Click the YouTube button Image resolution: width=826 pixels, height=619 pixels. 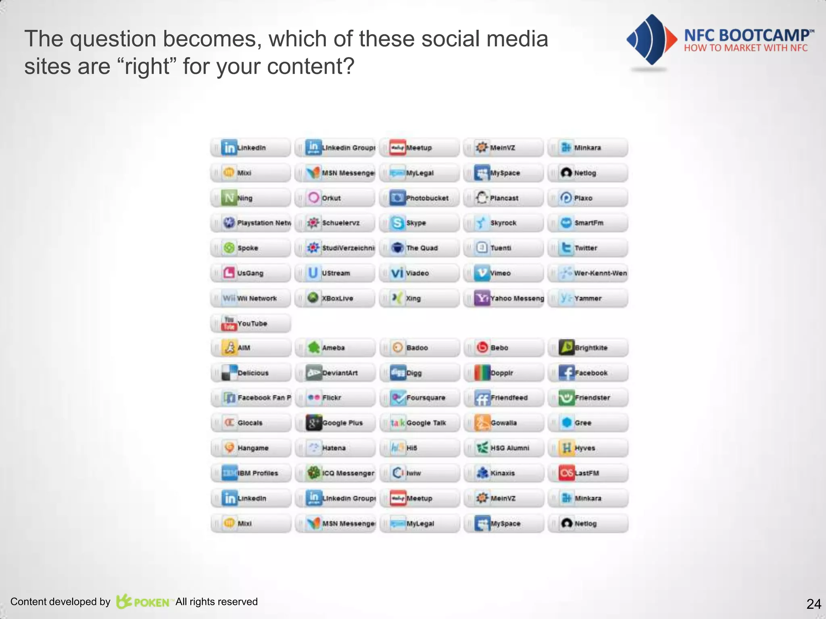pyautogui.click(x=250, y=324)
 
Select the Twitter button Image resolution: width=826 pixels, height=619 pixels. pyautogui.click(x=588, y=248)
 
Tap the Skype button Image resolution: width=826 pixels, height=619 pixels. pyautogui.click(x=419, y=223)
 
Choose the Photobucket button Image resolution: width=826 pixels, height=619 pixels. pyautogui.click(x=419, y=198)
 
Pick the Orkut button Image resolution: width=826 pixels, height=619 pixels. pyautogui.click(x=335, y=198)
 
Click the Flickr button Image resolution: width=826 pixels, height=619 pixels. pyautogui.click(x=335, y=398)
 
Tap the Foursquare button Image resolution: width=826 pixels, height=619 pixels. pyautogui.click(x=419, y=398)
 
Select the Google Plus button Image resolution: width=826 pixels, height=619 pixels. pyautogui.click(x=335, y=423)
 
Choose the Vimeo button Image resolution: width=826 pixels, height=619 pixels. pyautogui.click(x=503, y=273)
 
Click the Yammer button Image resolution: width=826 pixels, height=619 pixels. pyautogui.click(x=588, y=299)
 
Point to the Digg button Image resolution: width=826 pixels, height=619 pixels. pyautogui.click(x=419, y=373)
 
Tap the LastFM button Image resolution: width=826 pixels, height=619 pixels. pyautogui.click(x=588, y=473)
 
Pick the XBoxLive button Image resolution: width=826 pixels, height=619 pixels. pyautogui.click(x=335, y=299)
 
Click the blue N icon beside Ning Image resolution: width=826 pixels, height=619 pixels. pyautogui.click(x=229, y=198)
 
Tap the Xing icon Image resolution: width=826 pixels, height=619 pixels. pyautogui.click(x=397, y=298)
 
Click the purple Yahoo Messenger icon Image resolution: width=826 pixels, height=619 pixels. pyautogui.click(x=482, y=298)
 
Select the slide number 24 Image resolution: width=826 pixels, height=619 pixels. pyautogui.click(x=813, y=604)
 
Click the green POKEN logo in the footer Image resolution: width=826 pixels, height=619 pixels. pyautogui.click(x=143, y=602)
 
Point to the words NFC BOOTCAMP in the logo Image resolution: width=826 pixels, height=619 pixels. pyautogui.click(x=746, y=35)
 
